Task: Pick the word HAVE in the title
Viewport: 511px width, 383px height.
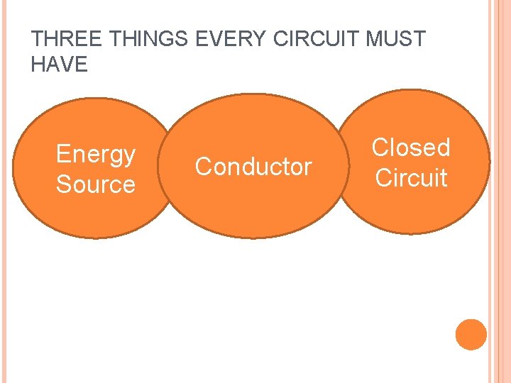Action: [x=59, y=65]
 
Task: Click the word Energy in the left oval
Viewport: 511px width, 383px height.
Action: [x=95, y=154]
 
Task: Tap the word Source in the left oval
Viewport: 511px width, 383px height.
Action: [x=95, y=184]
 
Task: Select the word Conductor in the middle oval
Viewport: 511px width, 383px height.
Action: [x=253, y=167]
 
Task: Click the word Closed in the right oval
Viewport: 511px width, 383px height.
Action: [x=411, y=148]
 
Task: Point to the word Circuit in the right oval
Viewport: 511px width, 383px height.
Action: [x=411, y=177]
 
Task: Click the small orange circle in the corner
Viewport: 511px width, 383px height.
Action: [x=471, y=334]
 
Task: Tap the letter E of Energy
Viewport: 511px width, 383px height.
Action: [x=62, y=153]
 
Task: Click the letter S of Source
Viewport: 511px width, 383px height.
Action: [x=63, y=184]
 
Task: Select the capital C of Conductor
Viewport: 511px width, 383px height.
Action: [x=203, y=167]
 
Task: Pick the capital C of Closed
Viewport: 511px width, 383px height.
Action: [x=380, y=148]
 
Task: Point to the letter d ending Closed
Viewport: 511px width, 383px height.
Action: [x=444, y=148]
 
